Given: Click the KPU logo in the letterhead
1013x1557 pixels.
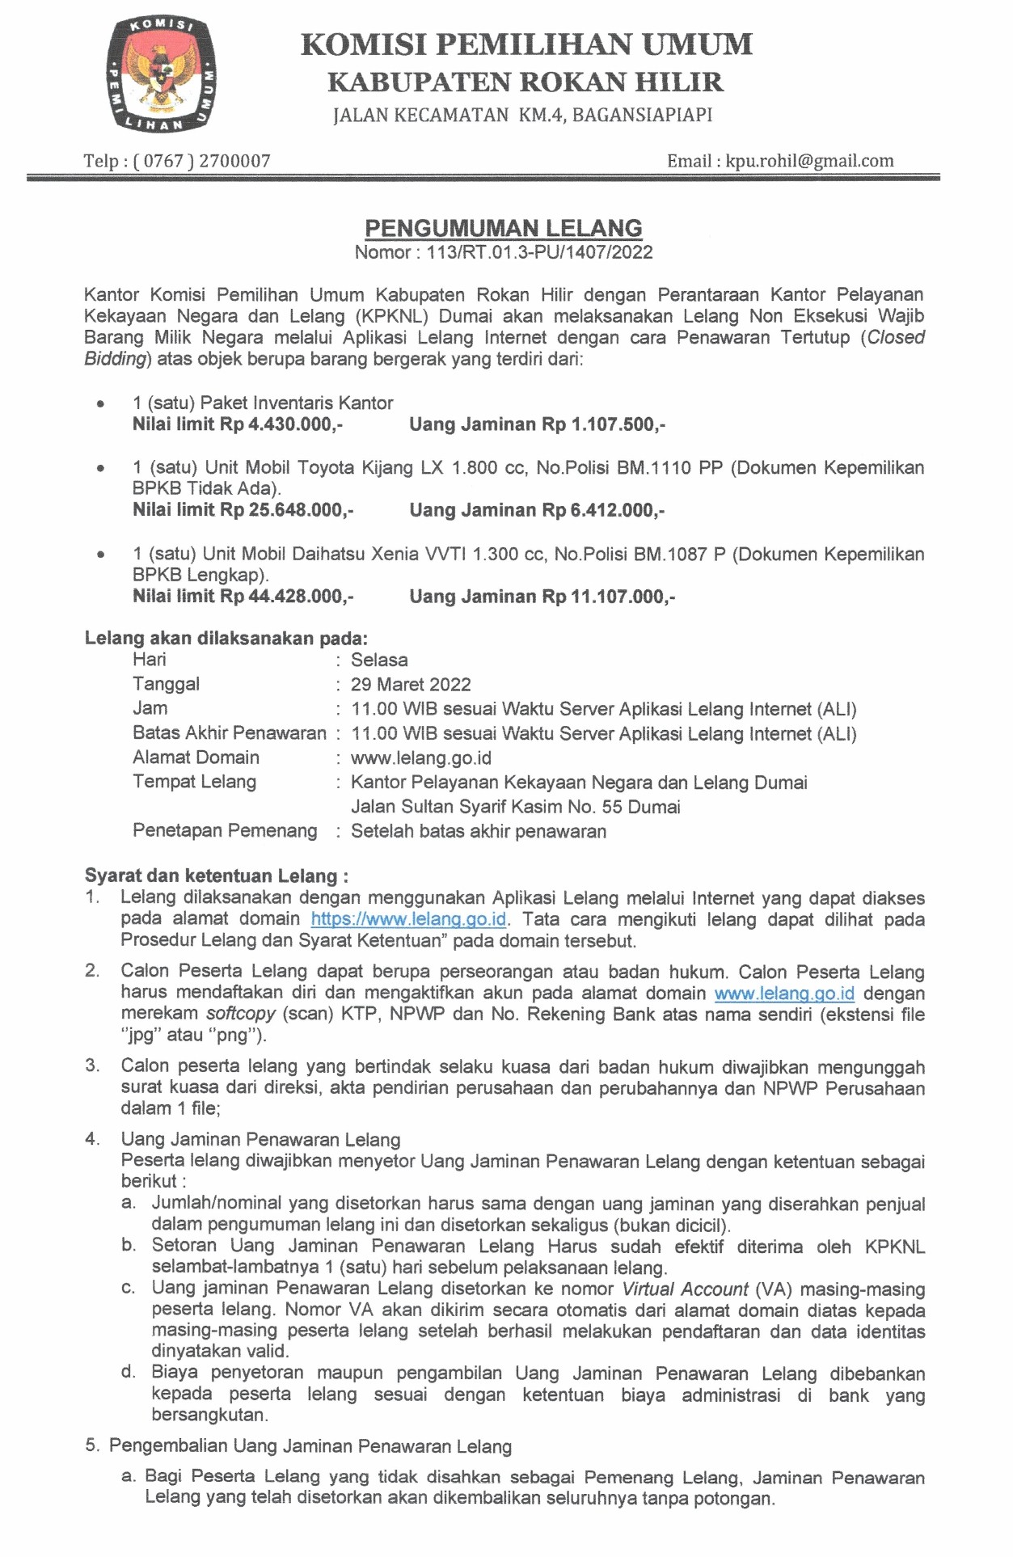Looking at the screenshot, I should (x=161, y=75).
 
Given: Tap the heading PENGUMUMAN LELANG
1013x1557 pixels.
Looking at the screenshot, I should (x=503, y=228).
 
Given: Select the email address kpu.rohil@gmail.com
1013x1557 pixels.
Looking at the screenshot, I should (x=809, y=161).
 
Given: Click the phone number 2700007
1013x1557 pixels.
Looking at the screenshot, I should (x=234, y=161).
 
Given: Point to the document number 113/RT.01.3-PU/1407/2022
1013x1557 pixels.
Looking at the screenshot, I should (x=539, y=252).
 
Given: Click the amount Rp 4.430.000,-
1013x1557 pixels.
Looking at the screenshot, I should (x=281, y=424).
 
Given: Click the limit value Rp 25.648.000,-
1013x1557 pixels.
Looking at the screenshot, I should (x=287, y=510).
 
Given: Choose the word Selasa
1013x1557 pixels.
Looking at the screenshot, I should (x=379, y=660).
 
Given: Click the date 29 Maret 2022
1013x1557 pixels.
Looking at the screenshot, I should (x=411, y=685).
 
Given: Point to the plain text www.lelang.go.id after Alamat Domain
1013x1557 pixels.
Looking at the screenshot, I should (x=420, y=758).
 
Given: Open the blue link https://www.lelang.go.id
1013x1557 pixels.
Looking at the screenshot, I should (x=408, y=919).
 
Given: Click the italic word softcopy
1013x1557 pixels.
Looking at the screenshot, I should (x=240, y=1014).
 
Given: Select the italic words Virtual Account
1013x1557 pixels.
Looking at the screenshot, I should (x=685, y=1289).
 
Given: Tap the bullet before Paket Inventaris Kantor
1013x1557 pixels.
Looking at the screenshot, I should (x=100, y=403).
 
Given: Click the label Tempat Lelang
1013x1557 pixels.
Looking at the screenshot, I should (x=194, y=782).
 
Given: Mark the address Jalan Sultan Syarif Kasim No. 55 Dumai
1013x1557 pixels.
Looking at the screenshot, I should (x=515, y=807).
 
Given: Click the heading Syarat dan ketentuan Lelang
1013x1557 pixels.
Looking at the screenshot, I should (x=216, y=876).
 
